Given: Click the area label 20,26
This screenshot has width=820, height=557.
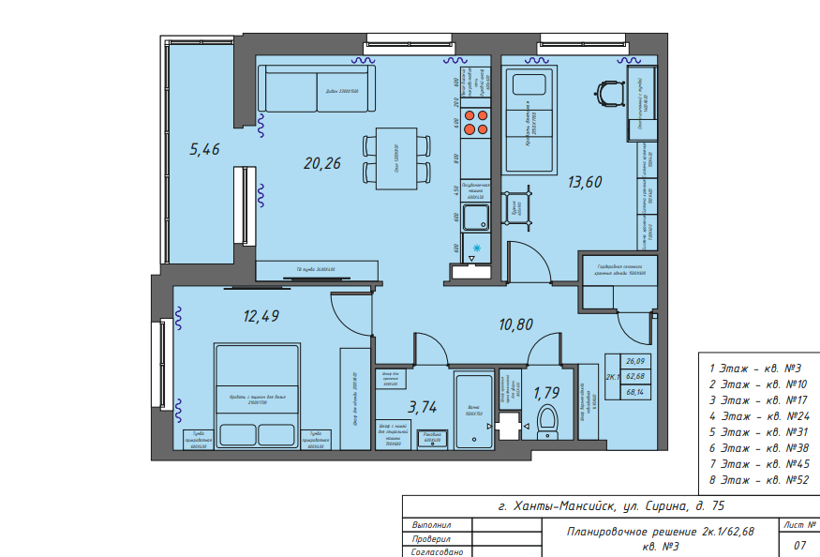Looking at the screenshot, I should (x=321, y=163).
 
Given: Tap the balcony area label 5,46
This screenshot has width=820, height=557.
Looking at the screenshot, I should (x=204, y=148).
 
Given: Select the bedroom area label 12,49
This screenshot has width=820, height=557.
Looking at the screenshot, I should (x=261, y=317).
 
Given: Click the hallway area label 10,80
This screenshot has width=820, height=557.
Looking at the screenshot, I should (x=516, y=324).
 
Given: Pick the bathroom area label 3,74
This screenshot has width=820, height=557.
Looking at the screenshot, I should (x=423, y=406).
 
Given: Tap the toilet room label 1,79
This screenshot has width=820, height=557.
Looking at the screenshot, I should (x=546, y=394).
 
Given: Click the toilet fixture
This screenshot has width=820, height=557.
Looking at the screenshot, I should (x=546, y=422).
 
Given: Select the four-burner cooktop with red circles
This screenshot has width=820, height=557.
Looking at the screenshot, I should (x=475, y=123).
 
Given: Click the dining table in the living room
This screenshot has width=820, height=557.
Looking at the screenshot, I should (x=395, y=158).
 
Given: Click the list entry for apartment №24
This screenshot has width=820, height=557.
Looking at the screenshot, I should (x=759, y=415).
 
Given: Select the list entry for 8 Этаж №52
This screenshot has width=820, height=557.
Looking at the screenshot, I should (x=759, y=479).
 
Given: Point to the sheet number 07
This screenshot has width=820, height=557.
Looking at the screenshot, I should (x=799, y=545).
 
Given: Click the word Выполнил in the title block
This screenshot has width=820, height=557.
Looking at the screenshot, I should (x=432, y=525).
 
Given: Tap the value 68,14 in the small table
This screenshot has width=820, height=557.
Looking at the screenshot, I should (x=637, y=392).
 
